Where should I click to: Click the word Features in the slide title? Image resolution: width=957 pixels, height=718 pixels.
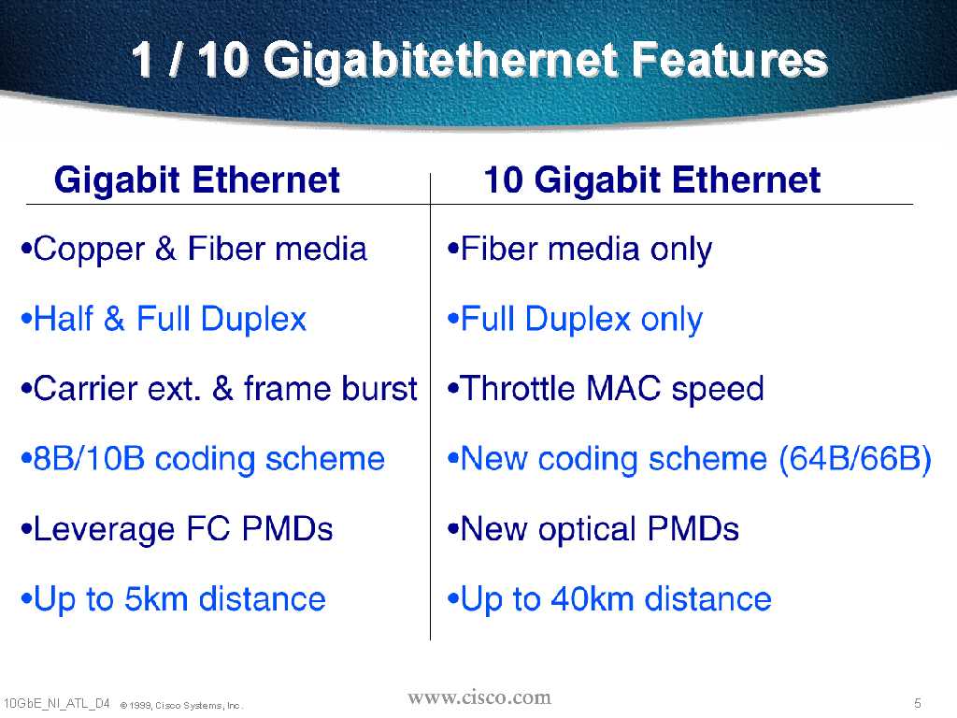point(729,60)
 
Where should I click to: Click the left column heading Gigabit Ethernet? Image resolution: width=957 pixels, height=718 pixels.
point(196,180)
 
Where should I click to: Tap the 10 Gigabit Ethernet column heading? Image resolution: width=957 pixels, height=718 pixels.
point(651,180)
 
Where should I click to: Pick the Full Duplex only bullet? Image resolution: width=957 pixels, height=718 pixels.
point(575,320)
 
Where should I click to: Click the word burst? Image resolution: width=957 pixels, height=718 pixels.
point(379,389)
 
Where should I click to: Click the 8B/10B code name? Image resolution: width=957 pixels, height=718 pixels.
point(89,459)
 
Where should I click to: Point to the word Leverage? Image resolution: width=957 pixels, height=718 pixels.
point(104,530)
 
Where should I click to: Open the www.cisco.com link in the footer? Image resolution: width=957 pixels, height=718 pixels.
point(479,697)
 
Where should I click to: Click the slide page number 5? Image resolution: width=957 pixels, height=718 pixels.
point(918,703)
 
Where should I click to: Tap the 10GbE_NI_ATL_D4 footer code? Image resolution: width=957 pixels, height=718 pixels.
point(56,703)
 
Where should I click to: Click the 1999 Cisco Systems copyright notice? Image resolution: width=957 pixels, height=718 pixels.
point(181,705)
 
